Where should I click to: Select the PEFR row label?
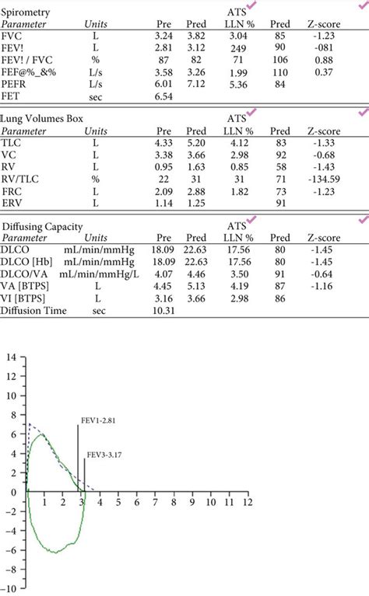point(16,85)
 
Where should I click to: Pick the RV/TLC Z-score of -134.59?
point(320,179)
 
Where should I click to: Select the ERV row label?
point(13,204)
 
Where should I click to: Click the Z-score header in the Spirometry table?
point(322,24)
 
